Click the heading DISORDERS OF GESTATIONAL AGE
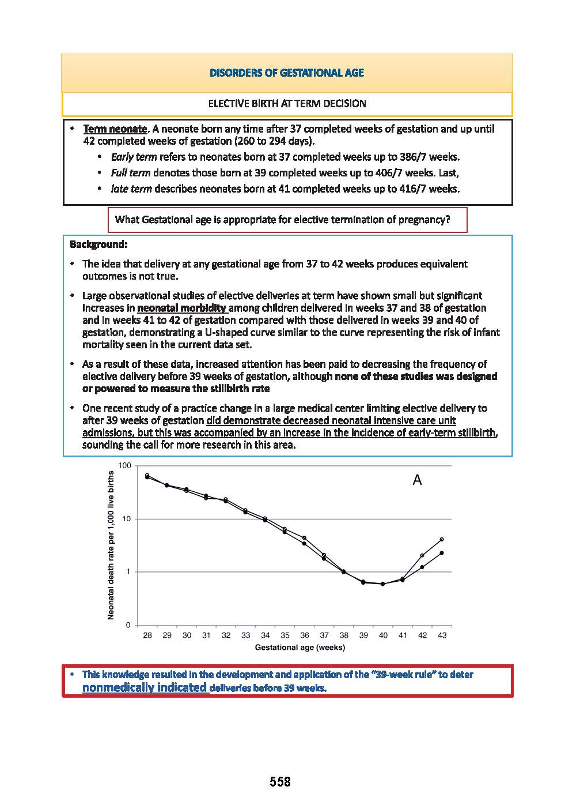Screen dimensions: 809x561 click(x=286, y=73)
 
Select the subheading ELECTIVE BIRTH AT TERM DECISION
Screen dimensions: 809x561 click(x=287, y=104)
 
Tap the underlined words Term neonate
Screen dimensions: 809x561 click(x=115, y=129)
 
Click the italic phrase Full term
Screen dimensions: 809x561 click(x=131, y=172)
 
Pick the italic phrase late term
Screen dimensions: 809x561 click(x=131, y=189)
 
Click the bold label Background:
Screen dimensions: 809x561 click(x=98, y=244)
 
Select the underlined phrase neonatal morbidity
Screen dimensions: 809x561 click(x=181, y=308)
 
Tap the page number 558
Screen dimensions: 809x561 click(x=280, y=782)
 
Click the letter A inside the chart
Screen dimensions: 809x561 click(x=417, y=480)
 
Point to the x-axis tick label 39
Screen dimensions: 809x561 click(x=363, y=635)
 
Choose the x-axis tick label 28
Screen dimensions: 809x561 click(x=147, y=635)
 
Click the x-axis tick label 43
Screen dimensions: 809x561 click(x=442, y=635)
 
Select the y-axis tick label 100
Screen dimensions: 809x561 click(x=124, y=465)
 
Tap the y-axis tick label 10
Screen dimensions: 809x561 click(x=126, y=519)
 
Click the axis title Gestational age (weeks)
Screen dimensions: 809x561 click(x=300, y=648)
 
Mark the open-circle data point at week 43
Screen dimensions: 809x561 click(x=442, y=540)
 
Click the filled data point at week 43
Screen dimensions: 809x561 click(x=442, y=553)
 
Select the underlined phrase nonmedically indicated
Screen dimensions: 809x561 click(x=144, y=687)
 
